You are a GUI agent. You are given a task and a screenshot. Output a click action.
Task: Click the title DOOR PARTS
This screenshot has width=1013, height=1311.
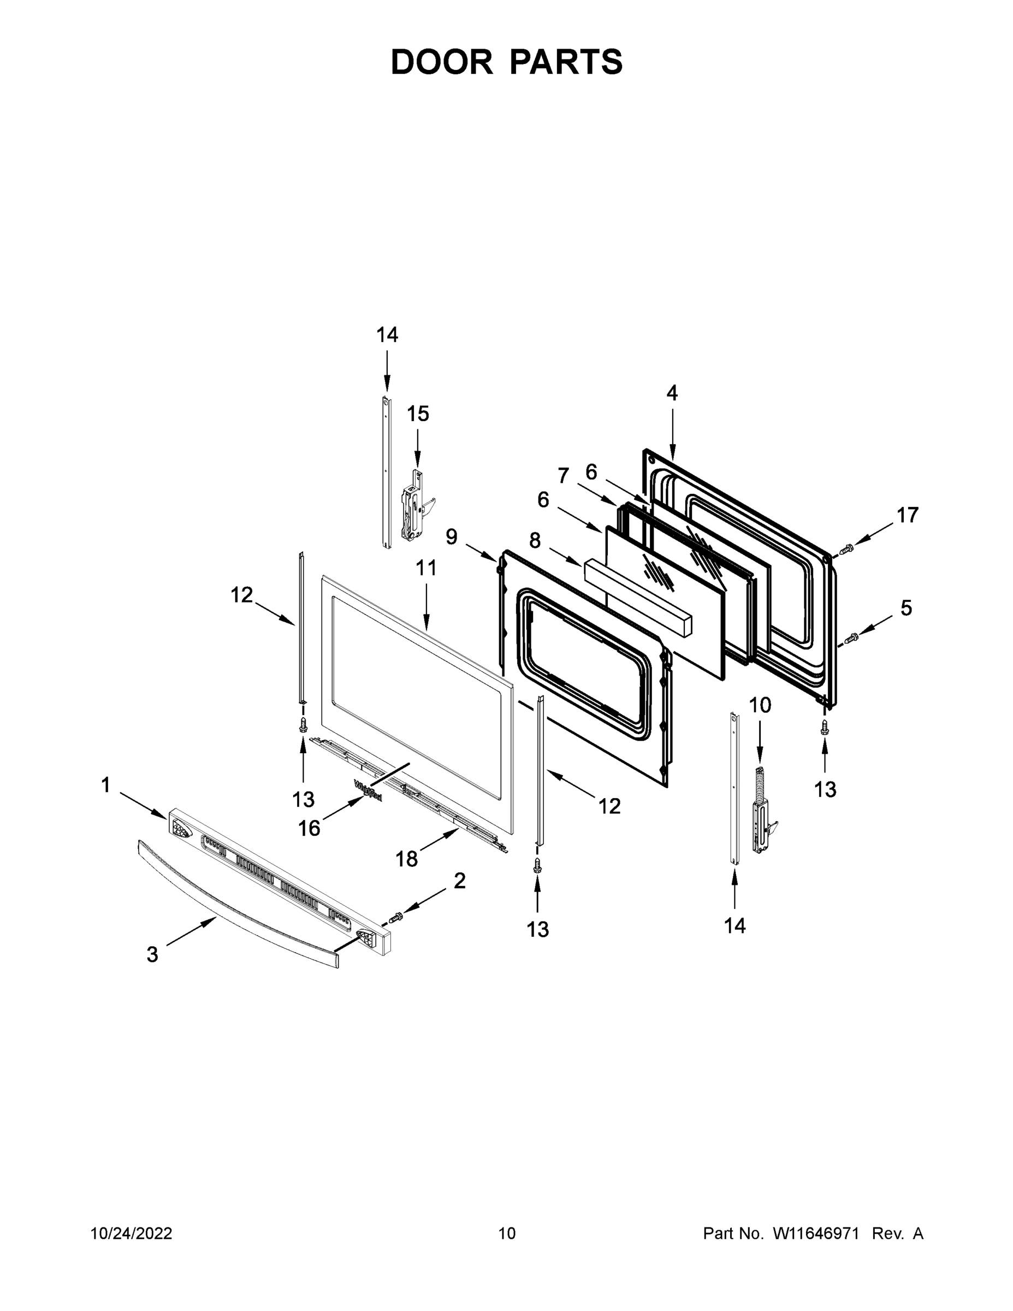tap(507, 62)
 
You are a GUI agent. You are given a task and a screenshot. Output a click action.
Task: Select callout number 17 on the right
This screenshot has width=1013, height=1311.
tap(908, 515)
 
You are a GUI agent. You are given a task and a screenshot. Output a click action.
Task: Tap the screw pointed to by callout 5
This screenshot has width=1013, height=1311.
tap(850, 639)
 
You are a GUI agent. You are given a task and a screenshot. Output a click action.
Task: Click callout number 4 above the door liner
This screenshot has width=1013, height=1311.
tap(672, 393)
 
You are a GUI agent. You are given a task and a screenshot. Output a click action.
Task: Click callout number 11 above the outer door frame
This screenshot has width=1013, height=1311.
tap(426, 568)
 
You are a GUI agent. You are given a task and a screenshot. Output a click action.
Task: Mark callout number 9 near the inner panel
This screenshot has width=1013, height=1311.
tap(451, 536)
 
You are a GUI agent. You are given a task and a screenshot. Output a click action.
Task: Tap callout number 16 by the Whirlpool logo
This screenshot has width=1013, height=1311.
tap(309, 828)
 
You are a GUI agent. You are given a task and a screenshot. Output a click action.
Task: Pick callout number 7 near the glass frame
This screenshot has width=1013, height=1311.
tap(562, 475)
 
